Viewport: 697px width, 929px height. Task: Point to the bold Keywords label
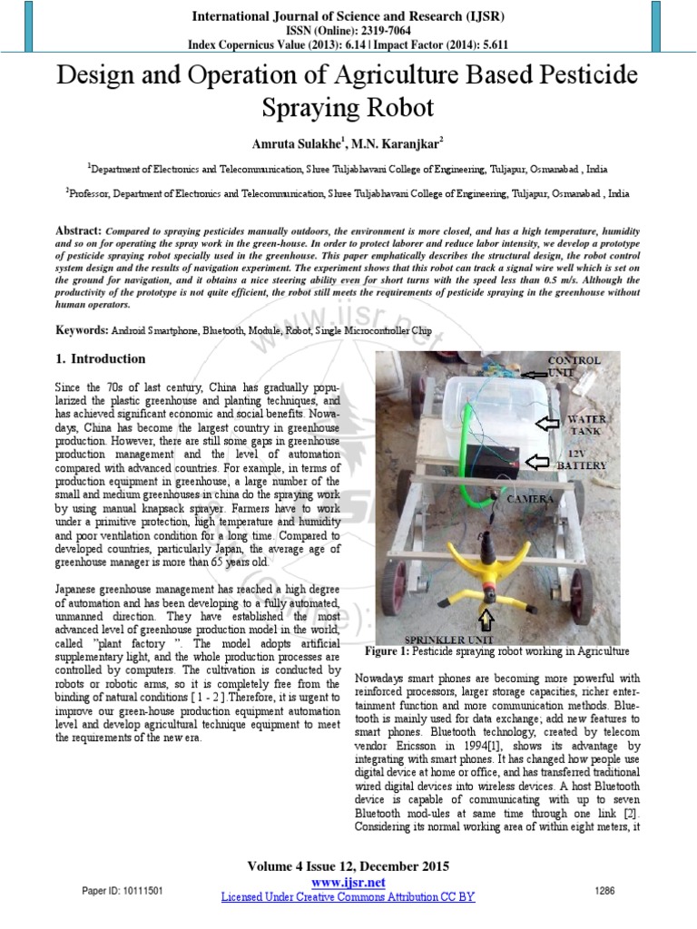click(x=82, y=332)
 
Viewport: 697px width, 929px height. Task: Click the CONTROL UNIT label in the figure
click(x=573, y=367)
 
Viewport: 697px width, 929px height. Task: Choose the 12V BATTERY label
click(x=587, y=458)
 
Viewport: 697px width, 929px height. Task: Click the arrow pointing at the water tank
click(x=547, y=423)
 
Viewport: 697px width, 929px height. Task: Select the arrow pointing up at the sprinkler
click(x=486, y=619)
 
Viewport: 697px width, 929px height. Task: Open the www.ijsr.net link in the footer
click(x=348, y=883)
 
